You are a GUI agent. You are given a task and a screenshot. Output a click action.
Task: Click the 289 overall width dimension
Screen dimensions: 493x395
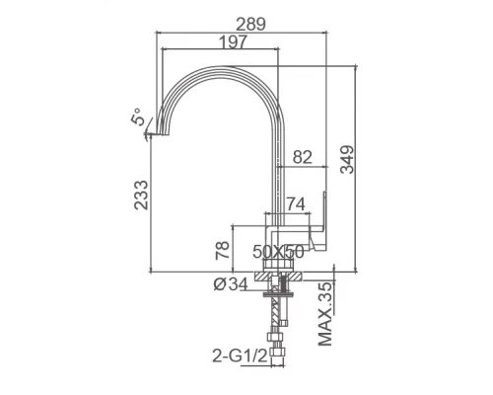250,24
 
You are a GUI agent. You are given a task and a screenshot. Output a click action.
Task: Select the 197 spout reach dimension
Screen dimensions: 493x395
233,41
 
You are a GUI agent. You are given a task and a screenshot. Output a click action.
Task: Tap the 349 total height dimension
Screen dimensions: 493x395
347,159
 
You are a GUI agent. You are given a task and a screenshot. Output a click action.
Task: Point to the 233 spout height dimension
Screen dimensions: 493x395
141,195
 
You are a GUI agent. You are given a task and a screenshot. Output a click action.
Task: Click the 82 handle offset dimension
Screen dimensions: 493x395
303,157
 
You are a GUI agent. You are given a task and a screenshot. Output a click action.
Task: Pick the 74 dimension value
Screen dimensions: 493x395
296,204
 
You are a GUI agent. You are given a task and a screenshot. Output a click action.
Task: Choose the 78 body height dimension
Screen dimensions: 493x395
222,250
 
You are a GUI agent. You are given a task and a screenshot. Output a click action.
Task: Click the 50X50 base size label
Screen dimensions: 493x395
278,252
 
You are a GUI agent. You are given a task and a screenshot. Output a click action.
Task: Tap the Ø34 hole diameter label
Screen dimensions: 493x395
231,283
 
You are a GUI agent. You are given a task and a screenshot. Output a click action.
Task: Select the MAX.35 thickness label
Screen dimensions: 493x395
325,314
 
